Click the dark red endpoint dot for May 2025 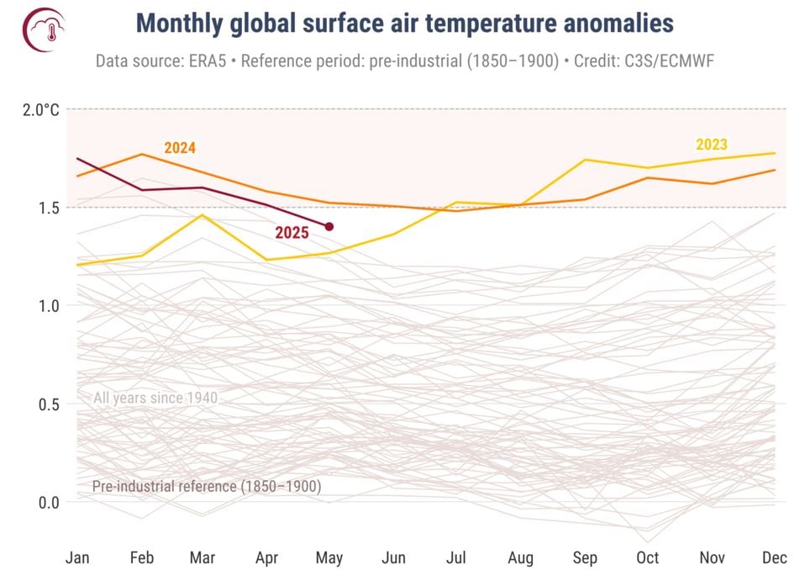(x=329, y=226)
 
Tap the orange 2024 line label (x=180, y=148)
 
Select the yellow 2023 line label (x=711, y=144)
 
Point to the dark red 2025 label (x=292, y=233)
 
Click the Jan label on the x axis (x=77, y=557)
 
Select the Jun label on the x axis (x=393, y=557)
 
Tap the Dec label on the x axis (x=774, y=557)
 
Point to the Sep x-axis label (x=584, y=557)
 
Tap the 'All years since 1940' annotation (x=155, y=398)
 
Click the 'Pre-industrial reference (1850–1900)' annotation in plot (x=207, y=486)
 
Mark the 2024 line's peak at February (x=141, y=154)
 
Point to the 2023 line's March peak (x=202, y=215)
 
